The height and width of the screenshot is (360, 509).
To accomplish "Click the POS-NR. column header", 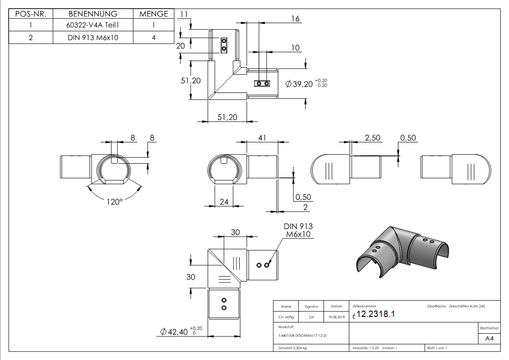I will coord(31,14).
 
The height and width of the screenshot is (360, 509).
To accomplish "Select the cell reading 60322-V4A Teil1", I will coord(93,26).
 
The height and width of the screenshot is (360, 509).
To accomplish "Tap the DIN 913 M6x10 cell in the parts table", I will coord(93,38).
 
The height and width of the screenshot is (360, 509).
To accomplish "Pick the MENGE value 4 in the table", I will coord(154,38).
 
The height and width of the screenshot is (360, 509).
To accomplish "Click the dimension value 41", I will coord(262,138).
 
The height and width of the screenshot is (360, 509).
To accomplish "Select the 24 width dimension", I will coord(224,202).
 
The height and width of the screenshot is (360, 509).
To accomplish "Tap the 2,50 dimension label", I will coord(373,138).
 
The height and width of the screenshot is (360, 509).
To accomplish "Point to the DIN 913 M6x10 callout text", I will coord(298,230).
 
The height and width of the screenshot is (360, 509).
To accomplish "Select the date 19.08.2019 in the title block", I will coord(336,317).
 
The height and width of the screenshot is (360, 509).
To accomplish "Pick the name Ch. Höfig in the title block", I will coord(286,317).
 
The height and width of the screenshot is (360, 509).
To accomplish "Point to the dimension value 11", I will coord(184,14).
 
